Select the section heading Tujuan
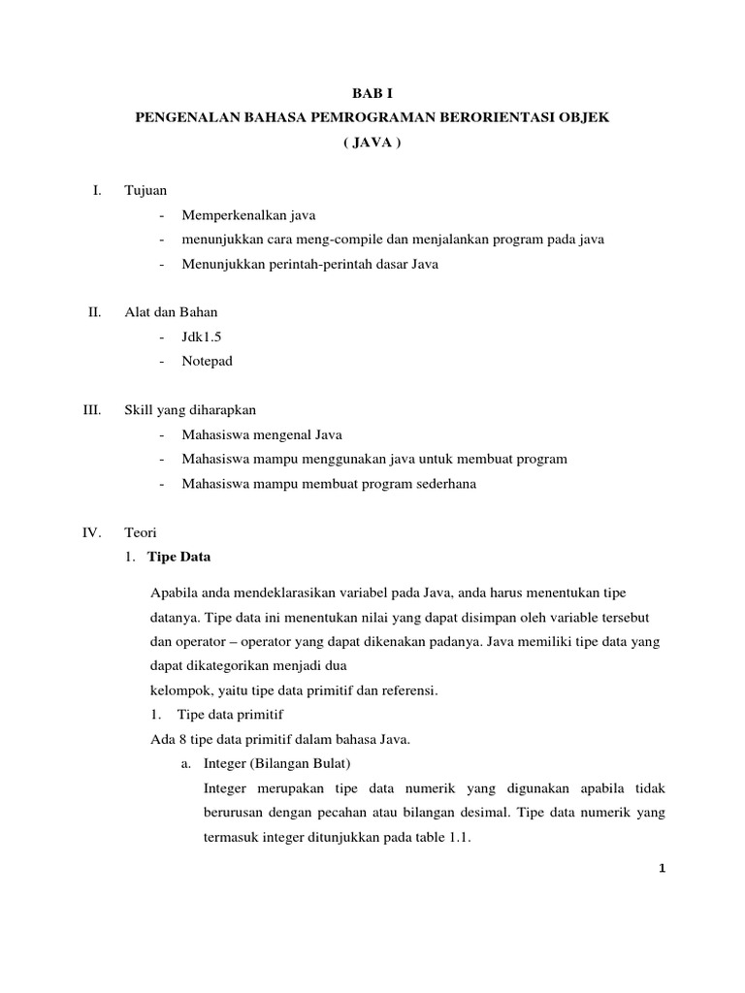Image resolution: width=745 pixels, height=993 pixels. pos(145,191)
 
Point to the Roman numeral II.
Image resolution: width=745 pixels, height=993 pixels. pos(94,312)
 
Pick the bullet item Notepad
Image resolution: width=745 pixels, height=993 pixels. pos(207,361)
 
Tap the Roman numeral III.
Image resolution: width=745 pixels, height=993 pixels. pos(92,410)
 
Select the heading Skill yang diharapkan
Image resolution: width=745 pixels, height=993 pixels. pos(190,410)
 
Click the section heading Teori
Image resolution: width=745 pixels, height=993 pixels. pos(141,532)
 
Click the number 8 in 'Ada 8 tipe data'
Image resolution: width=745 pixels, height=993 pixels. pos(180,740)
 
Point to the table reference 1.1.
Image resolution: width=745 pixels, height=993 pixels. pos(459,839)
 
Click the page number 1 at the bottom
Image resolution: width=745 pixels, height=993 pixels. pos(660,868)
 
